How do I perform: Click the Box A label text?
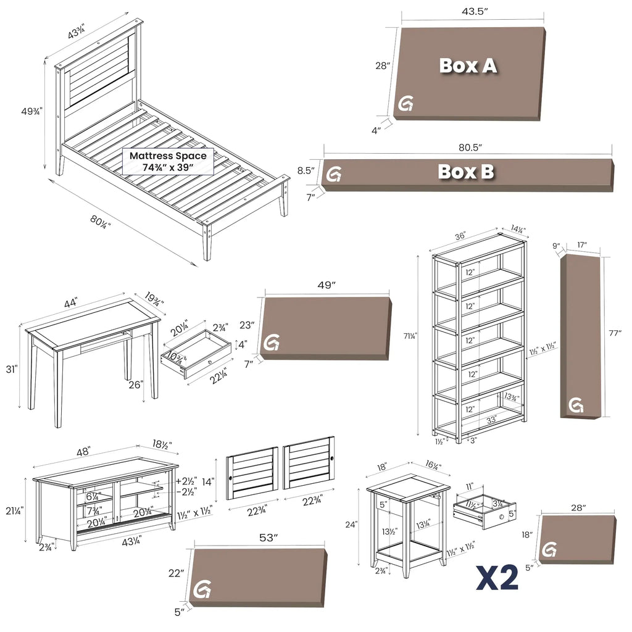coord(468,65)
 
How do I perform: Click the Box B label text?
coord(465,172)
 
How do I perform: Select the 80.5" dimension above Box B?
coord(470,148)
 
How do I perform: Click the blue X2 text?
coord(497,578)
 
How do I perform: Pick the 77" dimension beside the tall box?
coord(615,333)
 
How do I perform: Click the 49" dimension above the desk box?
coord(326,285)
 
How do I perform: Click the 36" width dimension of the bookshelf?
coord(460,236)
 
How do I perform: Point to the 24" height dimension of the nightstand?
coord(351,525)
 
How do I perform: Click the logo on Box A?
coord(405,104)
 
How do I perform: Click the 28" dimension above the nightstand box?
coord(578,507)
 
